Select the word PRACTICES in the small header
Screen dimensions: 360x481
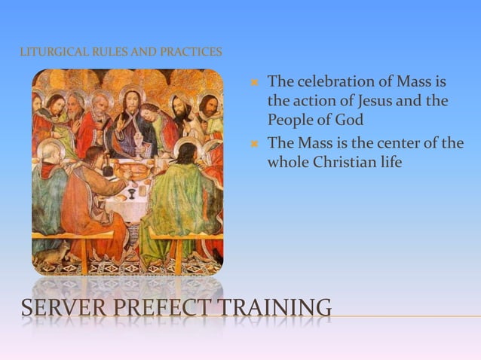195,52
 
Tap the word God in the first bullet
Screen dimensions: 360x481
348,119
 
